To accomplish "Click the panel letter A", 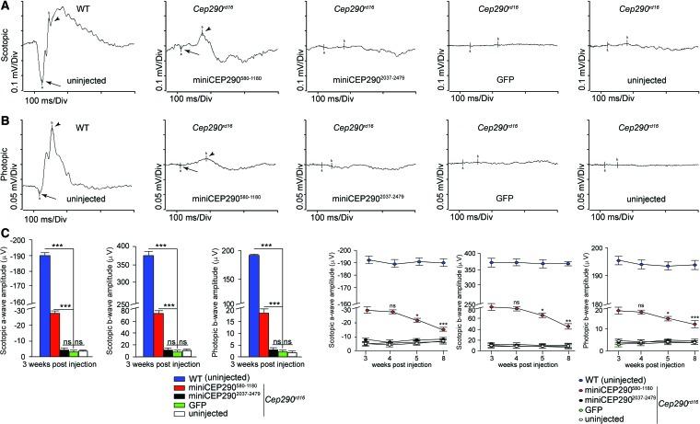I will point(6,6).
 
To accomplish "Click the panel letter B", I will point(6,119).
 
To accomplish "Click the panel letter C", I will point(6,240).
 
